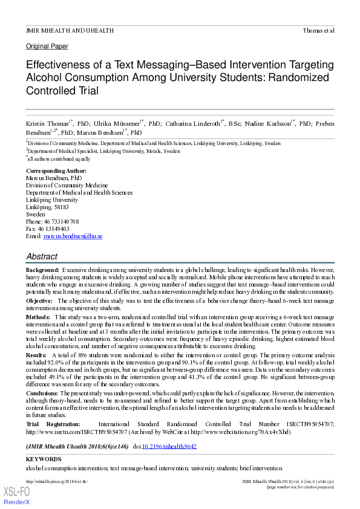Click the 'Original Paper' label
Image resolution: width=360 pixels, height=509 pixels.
[x=47, y=47]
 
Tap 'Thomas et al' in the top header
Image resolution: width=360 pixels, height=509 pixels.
[x=318, y=30]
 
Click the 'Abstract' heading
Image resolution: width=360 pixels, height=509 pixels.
[x=42, y=257]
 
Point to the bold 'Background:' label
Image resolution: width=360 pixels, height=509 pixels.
[x=42, y=269]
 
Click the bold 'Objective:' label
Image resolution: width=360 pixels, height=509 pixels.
[x=39, y=300]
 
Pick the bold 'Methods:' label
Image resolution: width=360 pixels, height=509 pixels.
[x=38, y=317]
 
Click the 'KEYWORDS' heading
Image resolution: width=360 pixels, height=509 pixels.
[x=44, y=459]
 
